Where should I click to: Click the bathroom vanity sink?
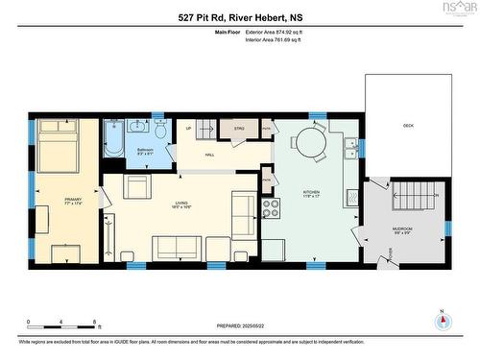pyautogui.click(x=136, y=126)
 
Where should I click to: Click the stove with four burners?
pyautogui.click(x=272, y=204)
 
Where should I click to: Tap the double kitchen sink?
pyautogui.click(x=352, y=147)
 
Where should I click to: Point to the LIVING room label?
pyautogui.click(x=180, y=204)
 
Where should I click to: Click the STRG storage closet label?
pyautogui.click(x=239, y=127)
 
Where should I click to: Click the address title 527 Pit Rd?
pyautogui.click(x=239, y=17)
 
